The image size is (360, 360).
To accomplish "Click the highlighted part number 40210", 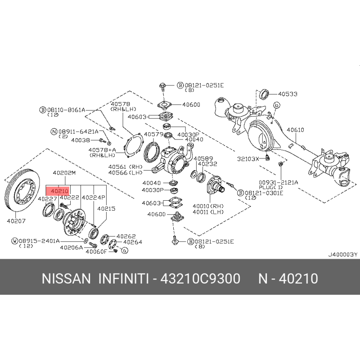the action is [60, 191].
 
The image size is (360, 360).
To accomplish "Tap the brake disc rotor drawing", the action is [22, 190].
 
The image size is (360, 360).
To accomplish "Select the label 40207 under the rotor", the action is [16, 221].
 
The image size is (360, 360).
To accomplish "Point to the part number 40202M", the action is [64, 173].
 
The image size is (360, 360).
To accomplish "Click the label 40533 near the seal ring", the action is [288, 94].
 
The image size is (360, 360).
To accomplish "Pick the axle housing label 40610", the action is [295, 130].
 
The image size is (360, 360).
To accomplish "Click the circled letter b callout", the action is [277, 105].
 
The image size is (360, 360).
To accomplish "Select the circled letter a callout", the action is [125, 251].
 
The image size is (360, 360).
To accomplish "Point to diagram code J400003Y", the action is [343, 254].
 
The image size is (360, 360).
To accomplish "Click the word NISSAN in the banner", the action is [66, 279].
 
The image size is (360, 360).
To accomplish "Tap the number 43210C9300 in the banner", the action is [200, 279].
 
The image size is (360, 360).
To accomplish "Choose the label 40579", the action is [153, 134].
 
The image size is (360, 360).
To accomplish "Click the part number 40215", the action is [106, 209].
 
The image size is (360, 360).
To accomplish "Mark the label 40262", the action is [126, 236].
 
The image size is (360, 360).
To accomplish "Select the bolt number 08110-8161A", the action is [66, 110].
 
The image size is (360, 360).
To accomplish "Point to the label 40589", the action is [203, 158].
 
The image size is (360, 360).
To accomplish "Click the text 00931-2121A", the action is [279, 183].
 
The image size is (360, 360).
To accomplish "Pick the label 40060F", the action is [96, 252].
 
